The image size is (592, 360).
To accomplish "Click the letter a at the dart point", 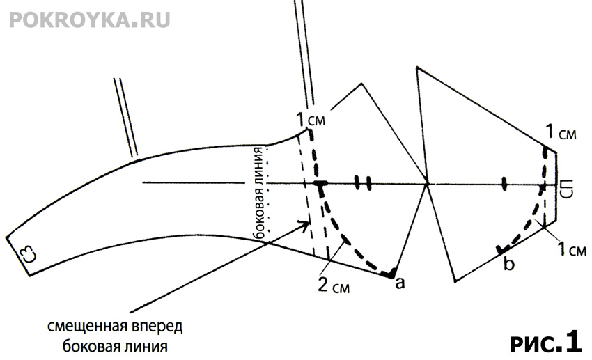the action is [400, 283].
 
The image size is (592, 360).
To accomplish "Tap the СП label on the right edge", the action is [567, 189].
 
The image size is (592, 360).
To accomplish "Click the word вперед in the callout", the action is [162, 327].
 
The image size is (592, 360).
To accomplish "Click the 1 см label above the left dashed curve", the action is [309, 118].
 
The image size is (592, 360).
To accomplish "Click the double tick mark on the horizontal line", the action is [362, 183].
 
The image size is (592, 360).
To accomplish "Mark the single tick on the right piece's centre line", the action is [504, 184].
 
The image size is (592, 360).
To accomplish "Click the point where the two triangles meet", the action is [427, 185].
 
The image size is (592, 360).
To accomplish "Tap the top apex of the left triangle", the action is [361, 84].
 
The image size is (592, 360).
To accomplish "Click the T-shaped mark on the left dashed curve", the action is [320, 185].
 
